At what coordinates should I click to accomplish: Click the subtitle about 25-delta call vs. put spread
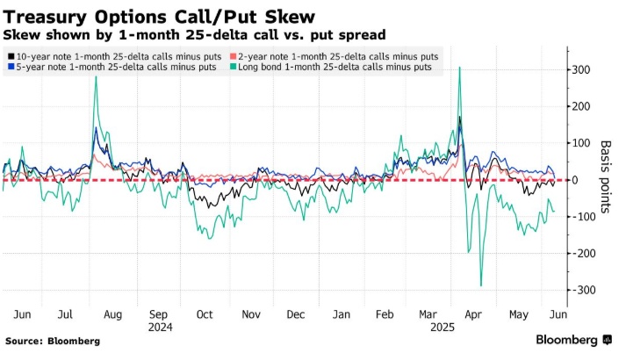[194, 35]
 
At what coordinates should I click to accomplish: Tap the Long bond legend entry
[336, 68]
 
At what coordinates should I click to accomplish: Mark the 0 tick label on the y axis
[575, 180]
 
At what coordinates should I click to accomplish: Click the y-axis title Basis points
[606, 179]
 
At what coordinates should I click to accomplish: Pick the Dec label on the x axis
[296, 313]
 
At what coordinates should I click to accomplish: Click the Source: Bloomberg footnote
[52, 341]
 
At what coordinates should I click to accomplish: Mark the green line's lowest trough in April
[481, 285]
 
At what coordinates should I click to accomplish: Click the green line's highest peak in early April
[460, 68]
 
